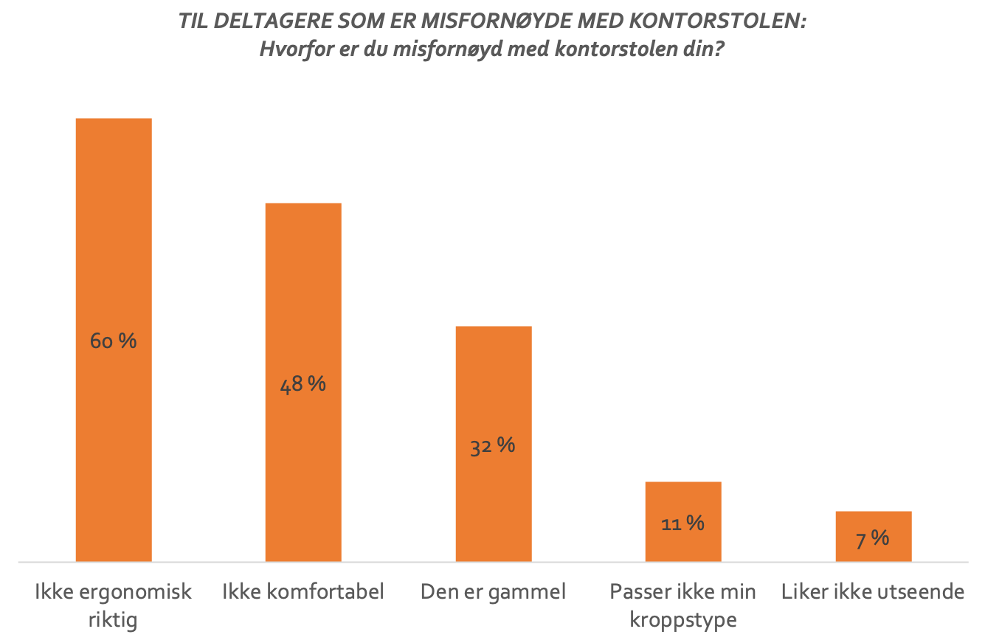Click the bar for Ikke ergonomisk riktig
[114, 221]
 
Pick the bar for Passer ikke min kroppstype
[682, 501]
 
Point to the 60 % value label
[114, 341]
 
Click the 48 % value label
[303, 384]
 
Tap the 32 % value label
[493, 445]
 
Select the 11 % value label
[682, 524]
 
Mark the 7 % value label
[873, 539]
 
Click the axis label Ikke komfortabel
[303, 591]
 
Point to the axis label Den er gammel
[493, 591]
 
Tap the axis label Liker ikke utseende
[873, 591]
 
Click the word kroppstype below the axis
[682, 618]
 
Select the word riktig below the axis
[113, 618]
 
